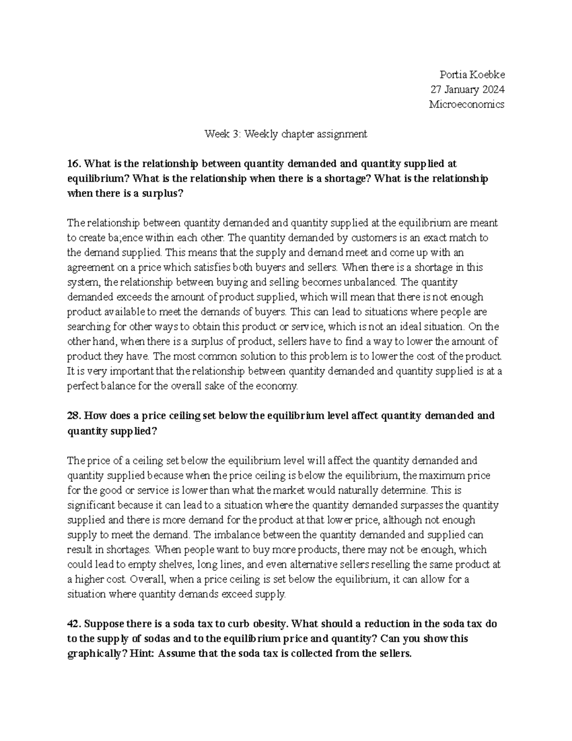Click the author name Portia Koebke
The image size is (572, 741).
pyautogui.click(x=472, y=75)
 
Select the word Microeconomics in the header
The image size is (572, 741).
pyautogui.click(x=467, y=104)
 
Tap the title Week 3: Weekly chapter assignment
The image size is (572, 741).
pyautogui.click(x=286, y=134)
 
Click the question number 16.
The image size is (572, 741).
pyautogui.click(x=73, y=164)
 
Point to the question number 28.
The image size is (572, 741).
pyautogui.click(x=73, y=416)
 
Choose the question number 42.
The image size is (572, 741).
pyautogui.click(x=73, y=624)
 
